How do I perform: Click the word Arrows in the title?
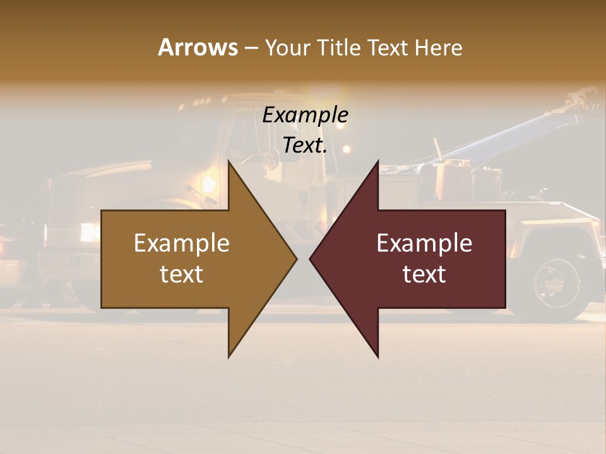click(x=198, y=47)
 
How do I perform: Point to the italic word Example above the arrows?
click(x=306, y=115)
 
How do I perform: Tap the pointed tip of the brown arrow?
click(x=295, y=259)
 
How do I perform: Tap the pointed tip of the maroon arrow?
click(x=311, y=259)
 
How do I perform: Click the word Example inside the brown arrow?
click(x=182, y=243)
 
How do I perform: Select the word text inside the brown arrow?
click(x=182, y=274)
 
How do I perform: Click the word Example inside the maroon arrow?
click(x=424, y=243)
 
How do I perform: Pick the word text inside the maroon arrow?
click(x=424, y=274)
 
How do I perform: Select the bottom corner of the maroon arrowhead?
click(x=377, y=356)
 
